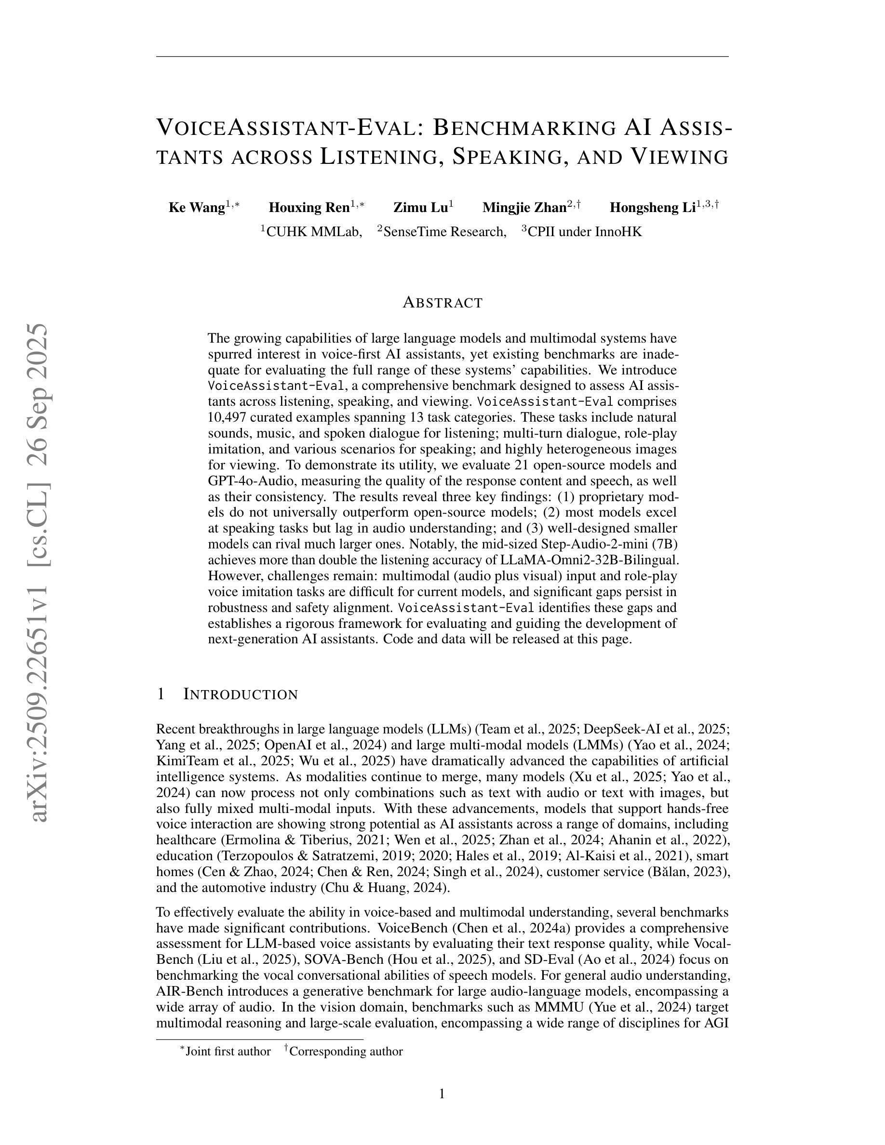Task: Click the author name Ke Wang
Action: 197,208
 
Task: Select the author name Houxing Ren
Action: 309,208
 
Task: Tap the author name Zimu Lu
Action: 420,208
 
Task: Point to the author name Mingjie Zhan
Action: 524,208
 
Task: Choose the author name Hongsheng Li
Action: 652,208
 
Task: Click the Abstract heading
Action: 442,303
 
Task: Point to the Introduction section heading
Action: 240,694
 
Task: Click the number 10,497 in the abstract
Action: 229,418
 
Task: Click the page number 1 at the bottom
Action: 442,1093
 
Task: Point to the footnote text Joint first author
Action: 228,1051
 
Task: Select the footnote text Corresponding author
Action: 346,1051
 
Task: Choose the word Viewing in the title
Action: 679,157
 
